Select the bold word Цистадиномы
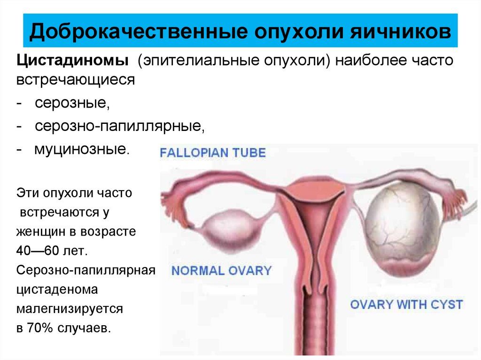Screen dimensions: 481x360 pyautogui.click(x=72, y=61)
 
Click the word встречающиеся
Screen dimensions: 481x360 pyautogui.click(x=76, y=80)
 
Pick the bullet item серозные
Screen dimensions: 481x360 pyautogui.click(x=72, y=103)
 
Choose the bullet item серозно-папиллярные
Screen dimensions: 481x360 pyautogui.click(x=120, y=126)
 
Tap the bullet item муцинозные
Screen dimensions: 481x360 pyautogui.click(x=82, y=149)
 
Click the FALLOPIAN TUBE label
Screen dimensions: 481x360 pyautogui.click(x=213, y=153)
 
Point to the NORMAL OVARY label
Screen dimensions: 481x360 pyautogui.click(x=222, y=270)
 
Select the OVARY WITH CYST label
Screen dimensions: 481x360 pyautogui.click(x=406, y=305)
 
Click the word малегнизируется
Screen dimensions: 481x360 pyautogui.click(x=70, y=309)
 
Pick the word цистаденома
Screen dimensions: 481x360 pyautogui.click(x=57, y=290)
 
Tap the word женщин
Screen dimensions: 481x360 pyautogui.click(x=41, y=231)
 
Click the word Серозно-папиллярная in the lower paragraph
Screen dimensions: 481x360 pyautogui.click(x=86, y=270)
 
